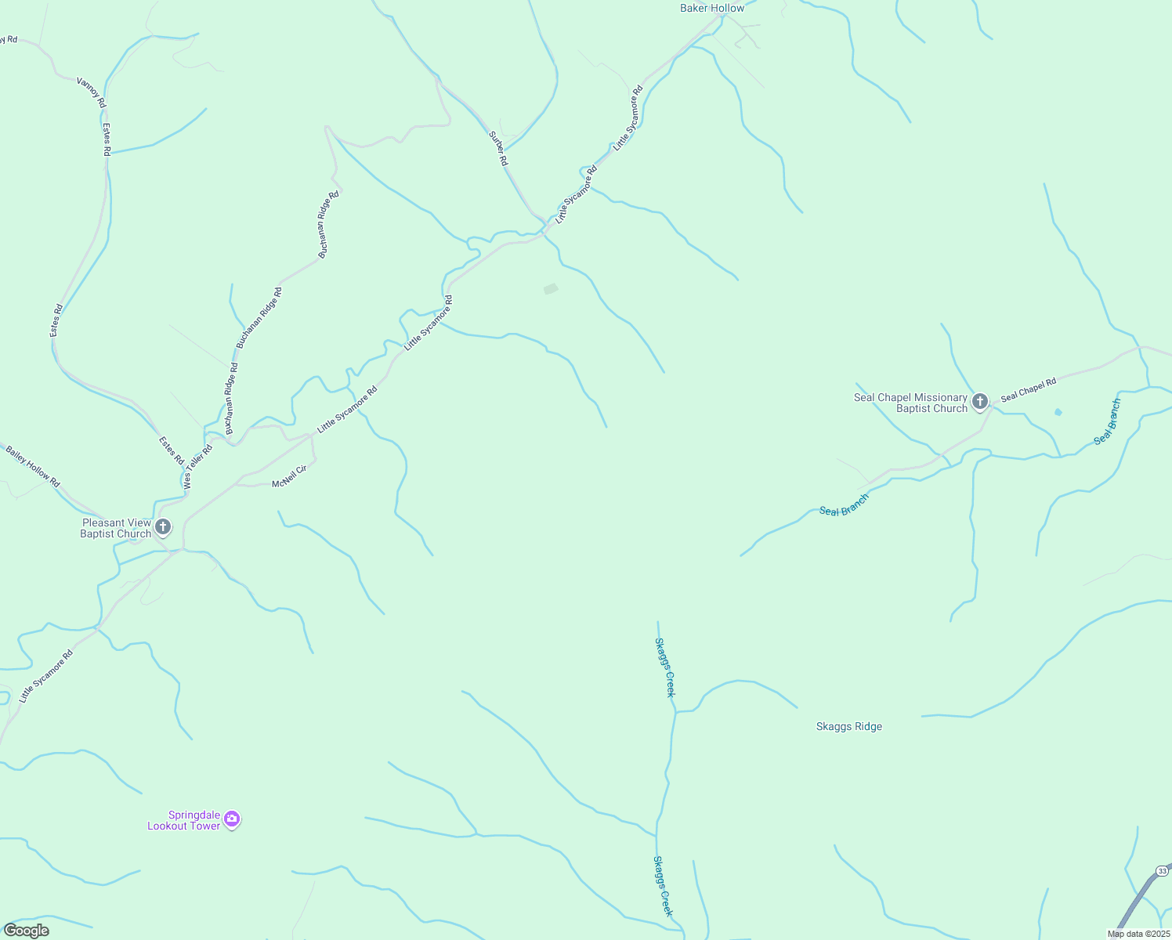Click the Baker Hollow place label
click(711, 9)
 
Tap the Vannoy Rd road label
click(92, 92)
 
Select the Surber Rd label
click(499, 148)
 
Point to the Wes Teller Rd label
click(199, 468)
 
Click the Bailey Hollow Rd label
click(32, 467)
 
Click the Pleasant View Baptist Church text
click(116, 529)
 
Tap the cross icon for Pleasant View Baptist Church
click(163, 527)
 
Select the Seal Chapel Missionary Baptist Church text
click(910, 403)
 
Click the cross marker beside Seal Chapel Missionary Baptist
click(979, 403)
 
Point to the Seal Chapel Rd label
click(1029, 389)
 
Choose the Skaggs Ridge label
click(849, 727)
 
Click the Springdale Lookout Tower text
click(184, 821)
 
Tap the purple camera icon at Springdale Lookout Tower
click(232, 819)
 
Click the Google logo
click(27, 931)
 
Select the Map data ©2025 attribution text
click(1138, 934)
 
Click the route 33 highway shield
click(1162, 871)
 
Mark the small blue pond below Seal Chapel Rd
click(1058, 412)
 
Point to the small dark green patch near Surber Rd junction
click(551, 289)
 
